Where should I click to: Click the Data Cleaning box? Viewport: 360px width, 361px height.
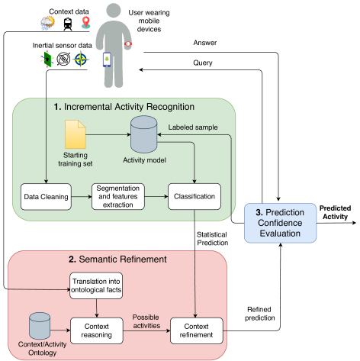[46, 197]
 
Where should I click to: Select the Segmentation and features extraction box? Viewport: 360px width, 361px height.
[118, 196]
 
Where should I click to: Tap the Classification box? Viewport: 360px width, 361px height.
[194, 196]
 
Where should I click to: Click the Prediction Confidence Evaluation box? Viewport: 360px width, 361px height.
[280, 223]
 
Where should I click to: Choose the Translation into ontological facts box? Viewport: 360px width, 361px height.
[96, 285]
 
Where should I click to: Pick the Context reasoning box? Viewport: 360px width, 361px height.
[97, 330]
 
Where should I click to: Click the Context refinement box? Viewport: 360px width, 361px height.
[196, 330]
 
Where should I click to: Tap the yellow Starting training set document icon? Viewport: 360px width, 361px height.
[76, 134]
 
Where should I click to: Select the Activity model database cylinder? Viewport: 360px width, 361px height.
[143, 134]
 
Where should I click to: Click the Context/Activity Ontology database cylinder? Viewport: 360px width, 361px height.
[40, 326]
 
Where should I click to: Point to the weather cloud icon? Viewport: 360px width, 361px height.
[48, 23]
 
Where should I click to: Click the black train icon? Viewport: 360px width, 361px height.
[68, 24]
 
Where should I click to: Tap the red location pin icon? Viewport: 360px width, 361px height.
[86, 22]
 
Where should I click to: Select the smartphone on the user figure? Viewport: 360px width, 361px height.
[107, 60]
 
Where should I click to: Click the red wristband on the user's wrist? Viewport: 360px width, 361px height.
[128, 44]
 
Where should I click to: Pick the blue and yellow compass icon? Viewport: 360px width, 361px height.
[81, 59]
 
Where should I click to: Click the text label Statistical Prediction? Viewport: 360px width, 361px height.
[212, 239]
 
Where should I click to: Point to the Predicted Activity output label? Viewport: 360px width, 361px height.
[335, 212]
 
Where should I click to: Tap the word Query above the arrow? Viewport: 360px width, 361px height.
[203, 63]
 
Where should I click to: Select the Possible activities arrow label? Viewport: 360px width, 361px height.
[146, 321]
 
